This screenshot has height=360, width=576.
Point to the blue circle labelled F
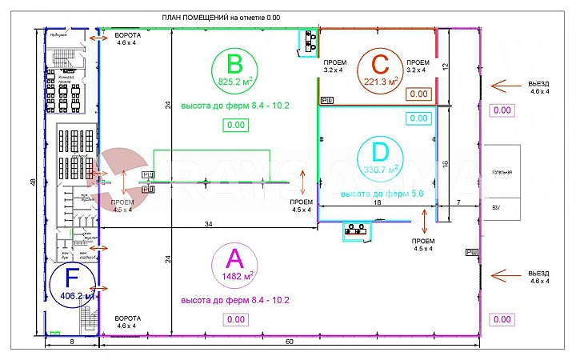click(72, 286)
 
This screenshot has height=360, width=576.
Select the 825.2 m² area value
click(234, 81)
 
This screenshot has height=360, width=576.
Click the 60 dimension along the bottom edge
click(288, 342)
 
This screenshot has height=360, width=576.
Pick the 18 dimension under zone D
click(378, 204)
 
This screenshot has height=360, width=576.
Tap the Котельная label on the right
click(501, 172)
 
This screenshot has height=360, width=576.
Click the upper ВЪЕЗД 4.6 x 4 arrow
click(510, 85)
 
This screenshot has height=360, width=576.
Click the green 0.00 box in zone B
click(235, 125)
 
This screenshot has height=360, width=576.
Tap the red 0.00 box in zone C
click(419, 94)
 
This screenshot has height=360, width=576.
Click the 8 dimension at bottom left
click(70, 342)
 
